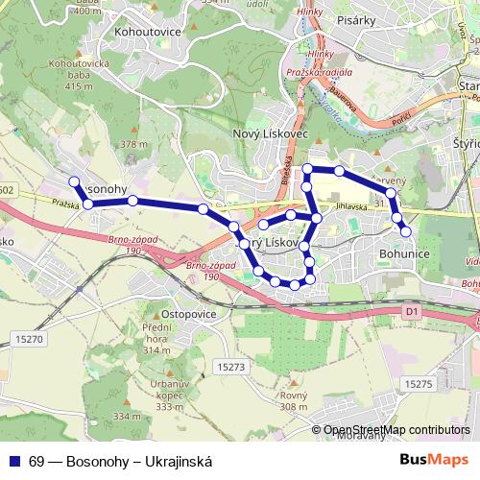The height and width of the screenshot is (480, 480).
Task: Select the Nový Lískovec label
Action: pyautogui.click(x=271, y=134)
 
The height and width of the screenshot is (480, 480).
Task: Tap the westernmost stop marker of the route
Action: pyautogui.click(x=74, y=180)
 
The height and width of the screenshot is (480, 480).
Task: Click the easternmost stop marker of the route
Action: pyautogui.click(x=406, y=230)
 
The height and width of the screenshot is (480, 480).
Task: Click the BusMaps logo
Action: pyautogui.click(x=435, y=459)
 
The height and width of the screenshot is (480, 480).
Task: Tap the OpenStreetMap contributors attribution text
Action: pyautogui.click(x=397, y=430)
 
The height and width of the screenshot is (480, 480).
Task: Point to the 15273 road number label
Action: pyautogui.click(x=232, y=367)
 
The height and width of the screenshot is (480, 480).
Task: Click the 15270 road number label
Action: pyautogui.click(x=31, y=340)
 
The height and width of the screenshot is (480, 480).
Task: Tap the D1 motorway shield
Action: pyautogui.click(x=412, y=311)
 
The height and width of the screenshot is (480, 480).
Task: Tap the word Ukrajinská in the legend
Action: pyautogui.click(x=177, y=461)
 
